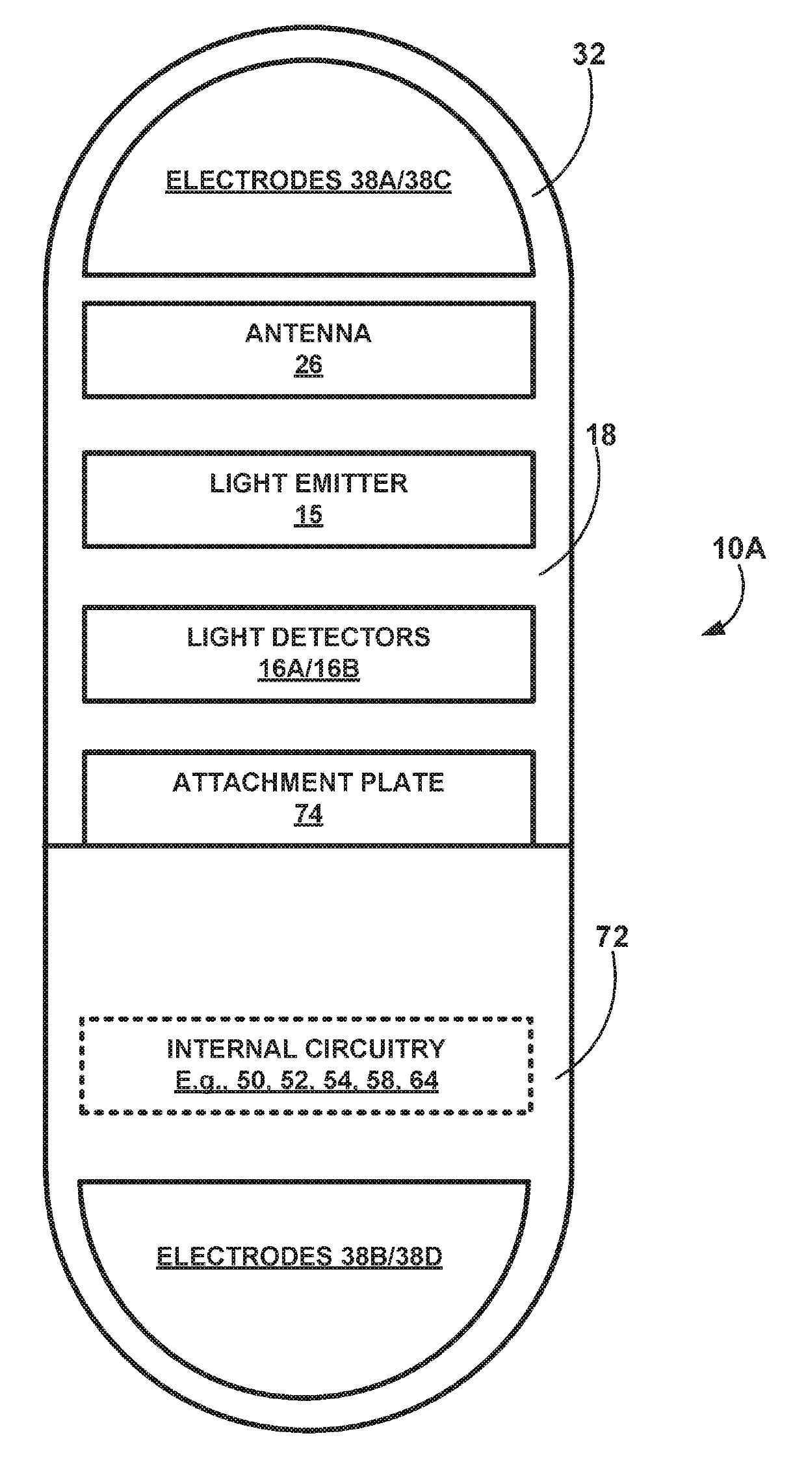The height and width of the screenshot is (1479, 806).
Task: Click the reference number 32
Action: click(589, 55)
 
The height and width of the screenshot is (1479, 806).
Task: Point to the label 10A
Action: click(738, 549)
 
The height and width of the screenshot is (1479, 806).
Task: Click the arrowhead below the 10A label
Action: click(715, 629)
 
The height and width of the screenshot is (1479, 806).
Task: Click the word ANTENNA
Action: click(308, 333)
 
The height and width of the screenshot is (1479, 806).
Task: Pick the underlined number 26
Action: click(308, 365)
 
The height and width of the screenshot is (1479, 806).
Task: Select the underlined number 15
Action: click(308, 515)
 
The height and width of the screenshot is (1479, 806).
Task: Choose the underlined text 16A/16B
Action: click(308, 669)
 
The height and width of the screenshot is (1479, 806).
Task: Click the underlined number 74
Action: click(308, 814)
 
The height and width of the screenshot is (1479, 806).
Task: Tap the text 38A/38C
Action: click(396, 180)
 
